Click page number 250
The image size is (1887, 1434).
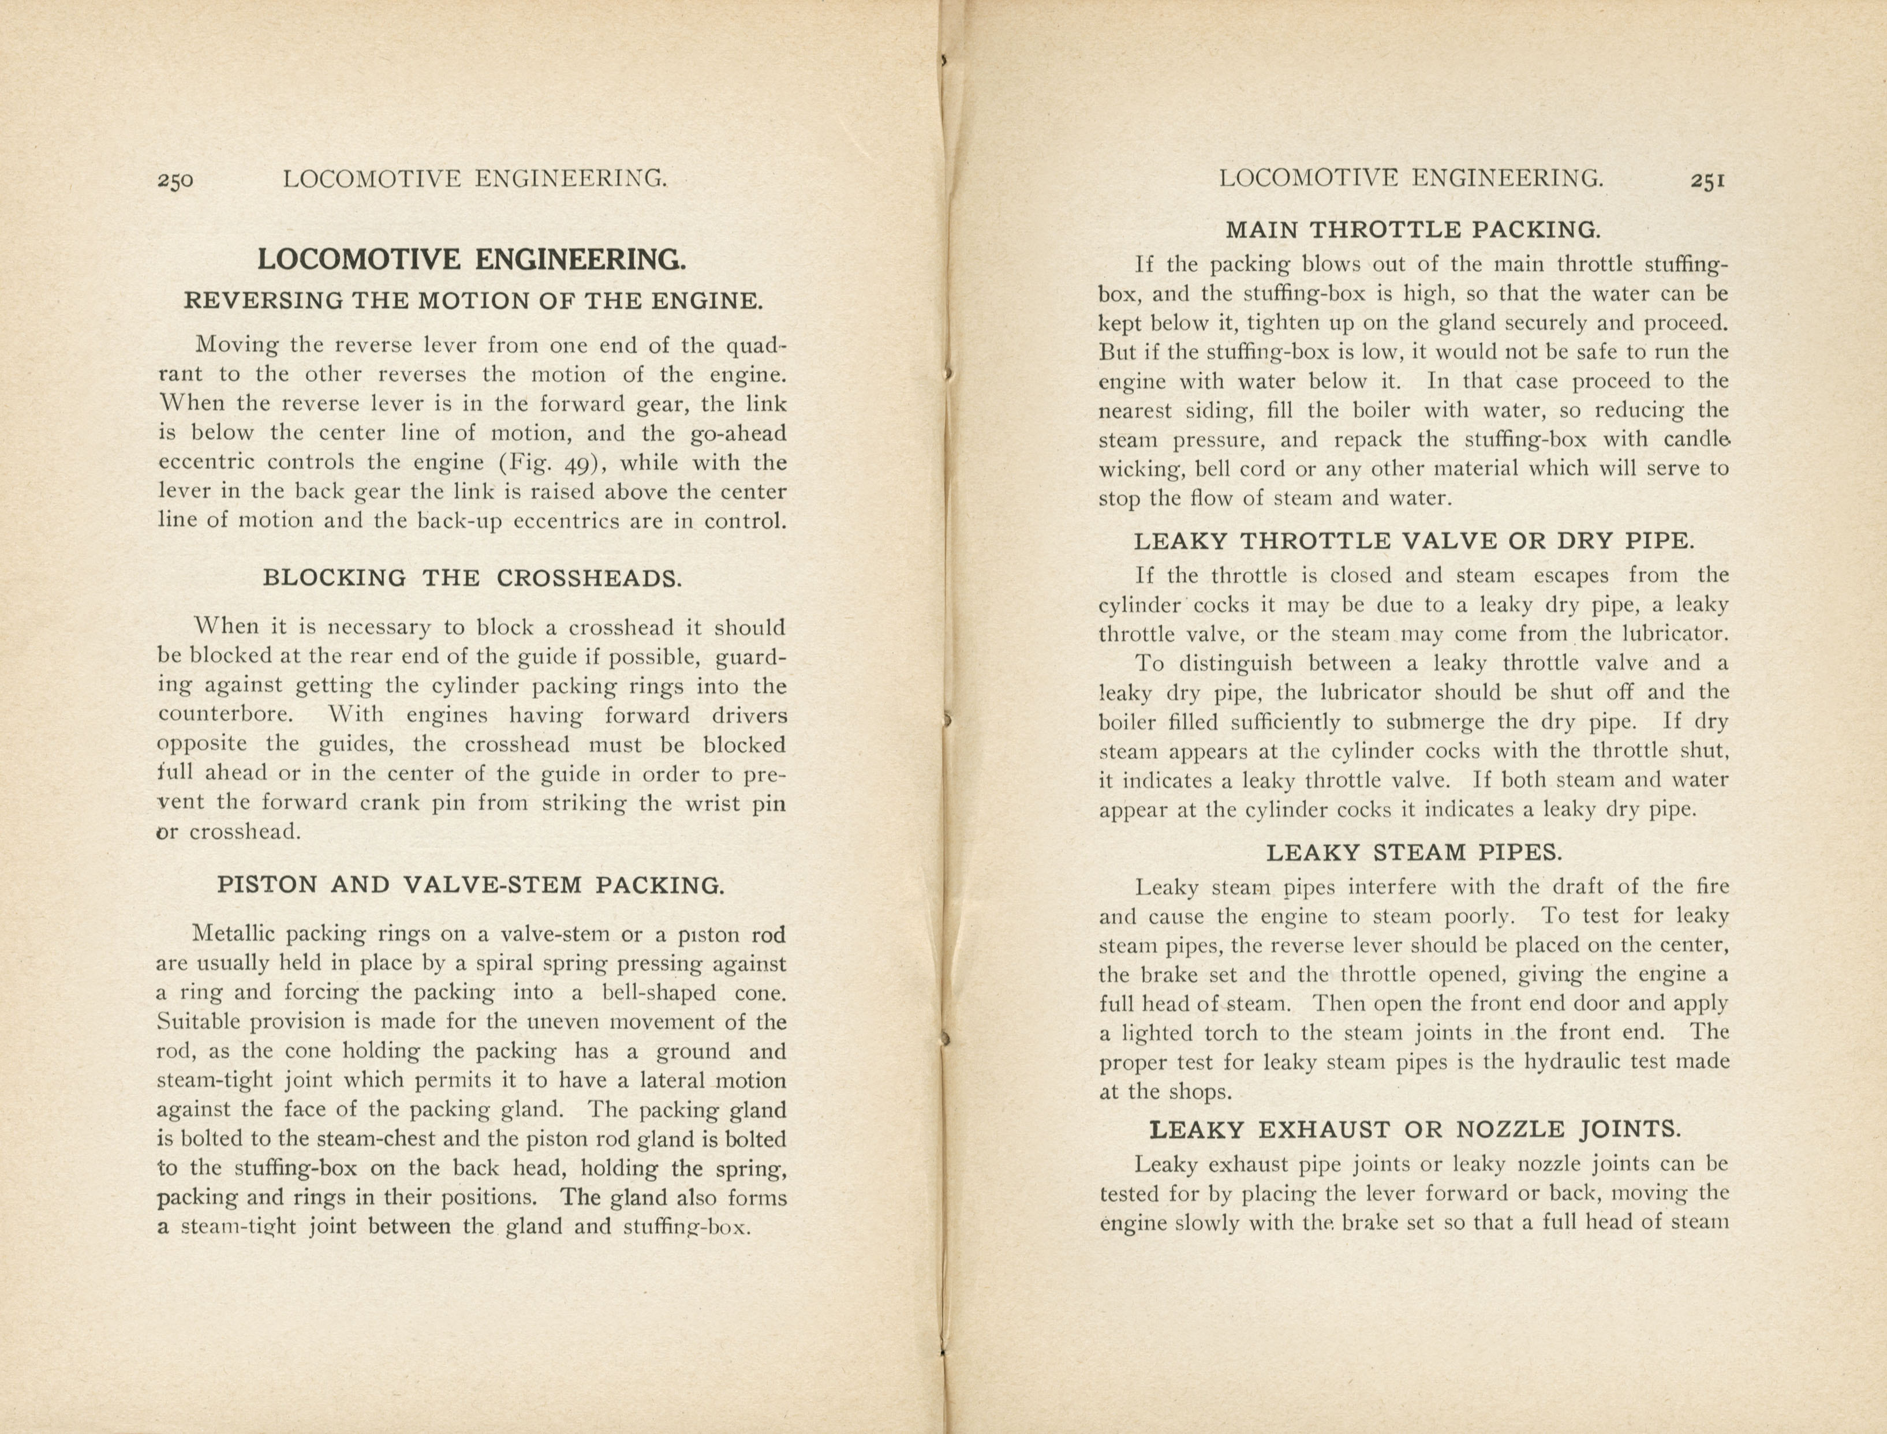pos(175,180)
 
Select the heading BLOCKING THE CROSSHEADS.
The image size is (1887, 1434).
pos(472,578)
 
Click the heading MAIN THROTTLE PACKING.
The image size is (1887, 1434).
pos(1413,230)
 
